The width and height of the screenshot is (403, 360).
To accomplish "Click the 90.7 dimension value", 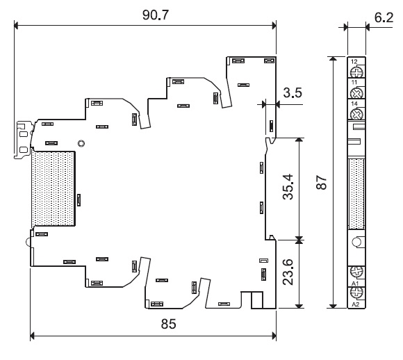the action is [156, 15].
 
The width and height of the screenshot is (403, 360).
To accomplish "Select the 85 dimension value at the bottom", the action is [168, 324].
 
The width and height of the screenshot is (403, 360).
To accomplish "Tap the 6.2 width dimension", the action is [384, 17].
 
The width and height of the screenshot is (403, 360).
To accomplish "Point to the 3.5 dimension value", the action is [293, 92].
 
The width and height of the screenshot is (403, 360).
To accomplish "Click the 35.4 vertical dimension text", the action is [288, 187].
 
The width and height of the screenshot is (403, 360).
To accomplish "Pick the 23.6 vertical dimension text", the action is [288, 272].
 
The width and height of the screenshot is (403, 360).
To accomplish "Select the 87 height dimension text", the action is [321, 183].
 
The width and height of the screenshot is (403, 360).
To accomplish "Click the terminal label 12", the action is [354, 61].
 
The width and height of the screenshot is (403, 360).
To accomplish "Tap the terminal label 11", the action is [354, 82].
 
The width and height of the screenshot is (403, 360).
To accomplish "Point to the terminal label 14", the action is [354, 104].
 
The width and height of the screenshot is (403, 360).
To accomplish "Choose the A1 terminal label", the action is [355, 284].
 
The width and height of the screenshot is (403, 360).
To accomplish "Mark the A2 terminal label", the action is [355, 304].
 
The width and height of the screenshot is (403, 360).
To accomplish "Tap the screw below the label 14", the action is [356, 113].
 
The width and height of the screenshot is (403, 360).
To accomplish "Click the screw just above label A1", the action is [356, 272].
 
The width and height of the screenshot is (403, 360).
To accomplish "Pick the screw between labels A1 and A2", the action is [356, 293].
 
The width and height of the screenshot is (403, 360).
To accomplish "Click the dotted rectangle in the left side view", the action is [54, 189].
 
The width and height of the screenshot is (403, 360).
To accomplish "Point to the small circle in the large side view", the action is [81, 143].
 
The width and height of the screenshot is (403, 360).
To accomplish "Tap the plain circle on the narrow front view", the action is [356, 243].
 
